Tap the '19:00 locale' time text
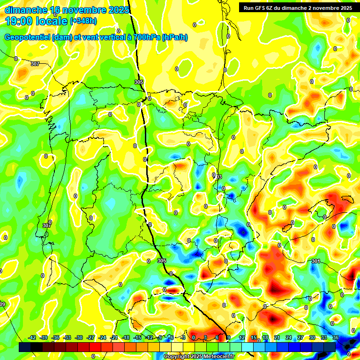click(36, 21)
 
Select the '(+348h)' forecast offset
click(83, 21)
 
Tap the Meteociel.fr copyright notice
click(199, 356)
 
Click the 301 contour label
click(315, 261)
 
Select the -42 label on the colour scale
click(32, 337)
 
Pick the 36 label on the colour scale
click(336, 337)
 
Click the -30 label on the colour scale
click(79, 337)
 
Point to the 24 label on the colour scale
click(289, 337)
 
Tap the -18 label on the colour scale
click(126, 337)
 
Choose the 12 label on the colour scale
click(242, 337)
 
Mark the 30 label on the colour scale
click(312, 337)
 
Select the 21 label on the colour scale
click(277, 337)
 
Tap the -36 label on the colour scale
click(56, 337)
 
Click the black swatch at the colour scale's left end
click(25, 347)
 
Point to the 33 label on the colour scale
click(324, 337)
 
